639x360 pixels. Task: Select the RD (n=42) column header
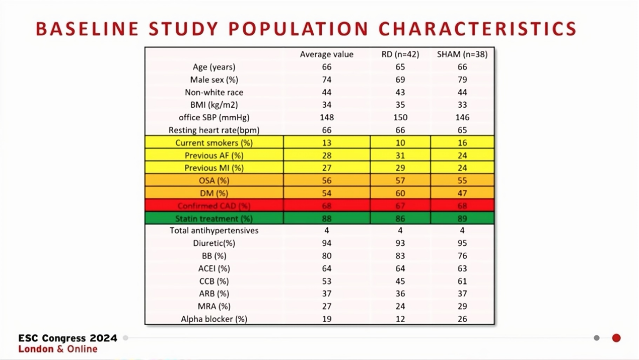(x=400, y=54)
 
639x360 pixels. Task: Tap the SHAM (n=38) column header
(x=462, y=54)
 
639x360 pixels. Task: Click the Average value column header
(x=327, y=54)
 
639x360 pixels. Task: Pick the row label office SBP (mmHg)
(x=214, y=117)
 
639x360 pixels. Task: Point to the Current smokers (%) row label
(x=214, y=143)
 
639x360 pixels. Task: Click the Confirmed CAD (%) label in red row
(x=214, y=206)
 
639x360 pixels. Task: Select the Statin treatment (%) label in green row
(x=214, y=219)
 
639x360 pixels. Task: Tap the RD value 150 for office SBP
(x=400, y=117)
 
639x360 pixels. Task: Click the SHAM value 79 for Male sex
(x=462, y=80)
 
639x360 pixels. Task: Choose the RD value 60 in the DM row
(x=400, y=193)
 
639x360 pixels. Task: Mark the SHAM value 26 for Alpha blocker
(x=462, y=319)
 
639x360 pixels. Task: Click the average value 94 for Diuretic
(x=327, y=243)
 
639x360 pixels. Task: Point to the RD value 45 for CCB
(x=400, y=281)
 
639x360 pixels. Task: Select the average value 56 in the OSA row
(x=327, y=181)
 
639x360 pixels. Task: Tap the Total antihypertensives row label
(x=214, y=231)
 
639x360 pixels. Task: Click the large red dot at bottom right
(x=616, y=338)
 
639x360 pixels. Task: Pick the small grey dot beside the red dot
(x=597, y=338)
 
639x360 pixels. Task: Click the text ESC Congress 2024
(x=67, y=338)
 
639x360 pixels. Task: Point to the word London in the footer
(x=35, y=349)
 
